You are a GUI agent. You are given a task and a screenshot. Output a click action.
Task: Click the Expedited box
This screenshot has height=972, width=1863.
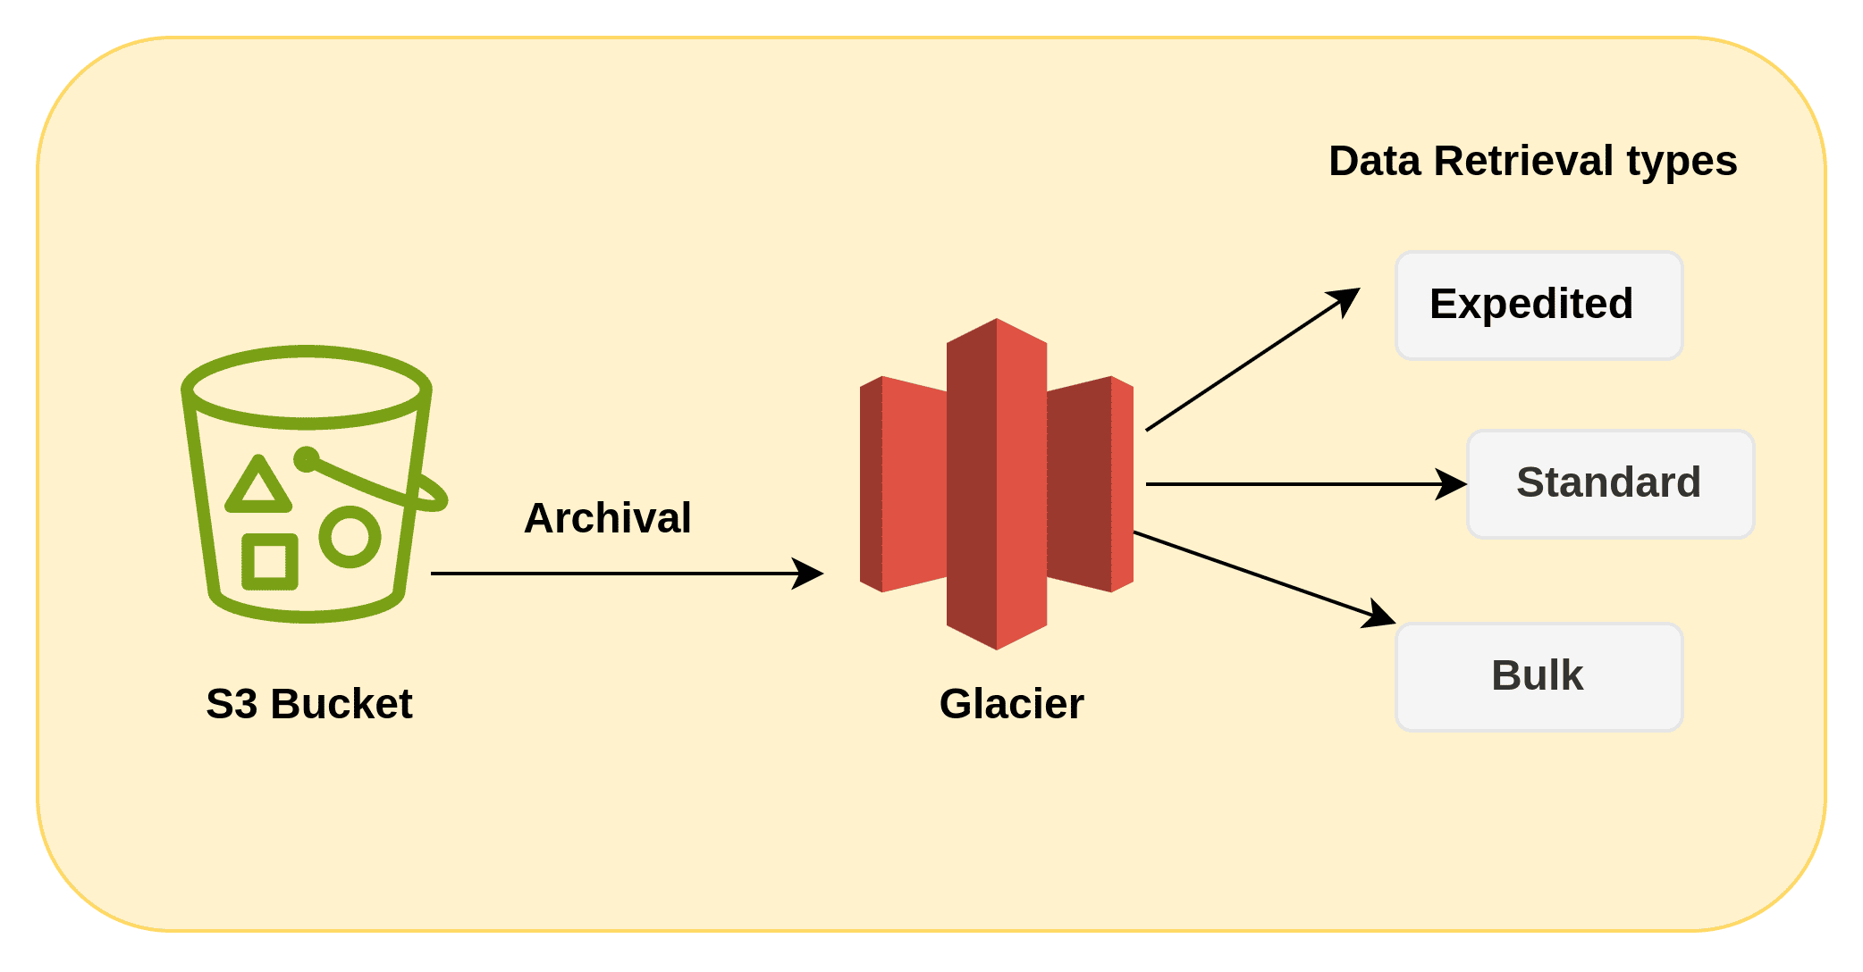pyautogui.click(x=1538, y=306)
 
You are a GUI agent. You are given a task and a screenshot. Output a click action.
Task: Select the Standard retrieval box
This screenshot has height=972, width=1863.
pyautogui.click(x=1610, y=484)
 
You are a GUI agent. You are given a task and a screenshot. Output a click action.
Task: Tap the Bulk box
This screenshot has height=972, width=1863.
pyautogui.click(x=1538, y=677)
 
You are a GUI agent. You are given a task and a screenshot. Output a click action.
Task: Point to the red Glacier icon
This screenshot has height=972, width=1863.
pyautogui.click(x=997, y=483)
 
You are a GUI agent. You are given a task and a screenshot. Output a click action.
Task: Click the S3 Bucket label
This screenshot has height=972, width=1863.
pyautogui.click(x=308, y=704)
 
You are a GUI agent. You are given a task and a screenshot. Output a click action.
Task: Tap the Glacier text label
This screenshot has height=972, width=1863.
pyautogui.click(x=1011, y=704)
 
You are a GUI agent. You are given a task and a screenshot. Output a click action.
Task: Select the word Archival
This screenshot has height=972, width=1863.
pyautogui.click(x=607, y=518)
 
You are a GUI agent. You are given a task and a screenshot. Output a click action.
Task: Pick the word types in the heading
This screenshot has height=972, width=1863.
pyautogui.click(x=1682, y=162)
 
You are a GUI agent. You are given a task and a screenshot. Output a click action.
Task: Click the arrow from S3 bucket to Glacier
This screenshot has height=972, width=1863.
pyautogui.click(x=626, y=574)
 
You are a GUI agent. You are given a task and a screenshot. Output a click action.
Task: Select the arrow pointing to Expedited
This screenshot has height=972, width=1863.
pyautogui.click(x=1252, y=360)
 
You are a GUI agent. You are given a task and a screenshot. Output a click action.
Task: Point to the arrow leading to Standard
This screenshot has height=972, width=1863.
pyautogui.click(x=1305, y=484)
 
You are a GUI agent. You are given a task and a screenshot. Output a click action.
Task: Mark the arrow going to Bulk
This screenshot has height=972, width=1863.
pyautogui.click(x=1260, y=577)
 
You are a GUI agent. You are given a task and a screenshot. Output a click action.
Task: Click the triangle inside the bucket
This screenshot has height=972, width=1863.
pyautogui.click(x=258, y=487)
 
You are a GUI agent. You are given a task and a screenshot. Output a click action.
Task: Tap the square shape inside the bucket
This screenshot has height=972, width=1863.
pyautogui.click(x=270, y=562)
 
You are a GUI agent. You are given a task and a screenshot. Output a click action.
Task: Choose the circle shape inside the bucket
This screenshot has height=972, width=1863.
pyautogui.click(x=350, y=537)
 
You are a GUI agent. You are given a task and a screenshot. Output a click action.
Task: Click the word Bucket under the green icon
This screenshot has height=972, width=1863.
pyautogui.click(x=341, y=704)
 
